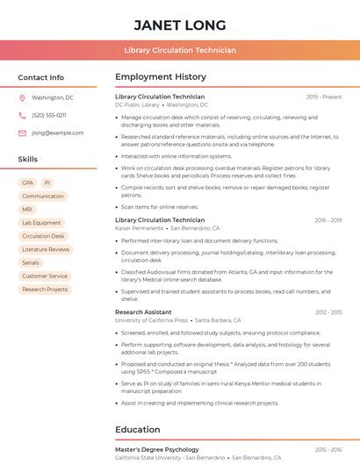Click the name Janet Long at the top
180,25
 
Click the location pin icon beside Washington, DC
22,97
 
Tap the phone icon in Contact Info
22,115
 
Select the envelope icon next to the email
22,132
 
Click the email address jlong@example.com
51,132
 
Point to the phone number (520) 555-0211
49,115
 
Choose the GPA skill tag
27,182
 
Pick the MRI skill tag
27,210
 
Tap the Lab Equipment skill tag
41,223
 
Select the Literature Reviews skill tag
46,249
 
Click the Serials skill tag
31,262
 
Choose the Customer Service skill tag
45,275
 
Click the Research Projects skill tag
45,289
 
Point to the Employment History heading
161,76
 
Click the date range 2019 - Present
324,97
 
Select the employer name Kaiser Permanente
140,228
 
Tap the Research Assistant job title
143,311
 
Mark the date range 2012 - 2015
328,312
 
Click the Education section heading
138,430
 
